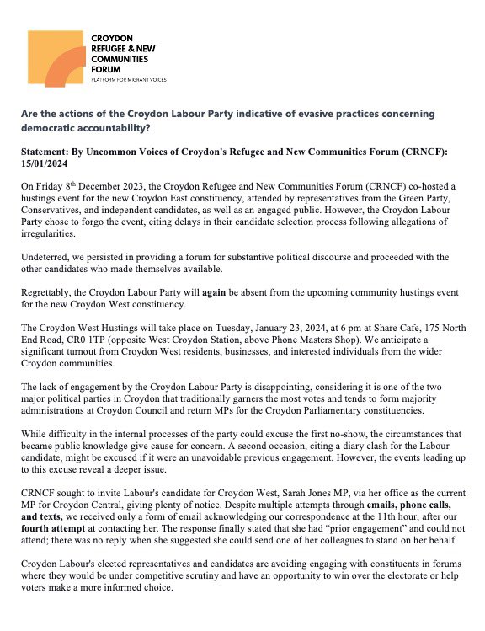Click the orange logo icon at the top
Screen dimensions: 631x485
pos(56,59)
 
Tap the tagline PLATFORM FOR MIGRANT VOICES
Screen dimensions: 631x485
pos(128,79)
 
